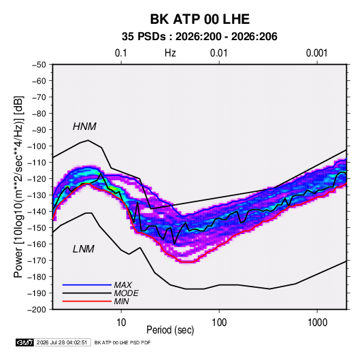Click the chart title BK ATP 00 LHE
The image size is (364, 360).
pyautogui.click(x=199, y=19)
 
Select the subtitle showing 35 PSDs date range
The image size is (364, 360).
pyautogui.click(x=199, y=37)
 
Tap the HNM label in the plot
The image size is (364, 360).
pyautogui.click(x=84, y=127)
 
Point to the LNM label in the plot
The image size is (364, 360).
pyautogui.click(x=84, y=249)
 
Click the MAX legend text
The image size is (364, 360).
pyautogui.click(x=123, y=284)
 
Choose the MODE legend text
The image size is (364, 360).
pyautogui.click(x=127, y=293)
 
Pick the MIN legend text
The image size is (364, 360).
pyautogui.click(x=121, y=301)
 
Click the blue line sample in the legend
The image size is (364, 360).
pyautogui.click(x=87, y=285)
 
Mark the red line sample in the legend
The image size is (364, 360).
pyautogui.click(x=87, y=301)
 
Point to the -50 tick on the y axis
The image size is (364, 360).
pyautogui.click(x=39, y=65)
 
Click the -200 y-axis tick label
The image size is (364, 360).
pyautogui.click(x=37, y=310)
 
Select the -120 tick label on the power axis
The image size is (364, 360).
pyautogui.click(x=37, y=179)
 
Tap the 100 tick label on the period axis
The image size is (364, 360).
pyautogui.click(x=219, y=323)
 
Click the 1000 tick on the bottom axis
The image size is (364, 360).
pyautogui.click(x=317, y=323)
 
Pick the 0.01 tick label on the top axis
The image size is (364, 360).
pyautogui.click(x=218, y=53)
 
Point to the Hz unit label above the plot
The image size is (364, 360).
pyautogui.click(x=170, y=53)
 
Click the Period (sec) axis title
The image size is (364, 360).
pyautogui.click(x=170, y=330)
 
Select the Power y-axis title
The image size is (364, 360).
pyautogui.click(x=18, y=186)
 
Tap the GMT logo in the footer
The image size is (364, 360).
pyautogui.click(x=25, y=342)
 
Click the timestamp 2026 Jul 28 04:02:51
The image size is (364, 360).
pyautogui.click(x=62, y=342)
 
